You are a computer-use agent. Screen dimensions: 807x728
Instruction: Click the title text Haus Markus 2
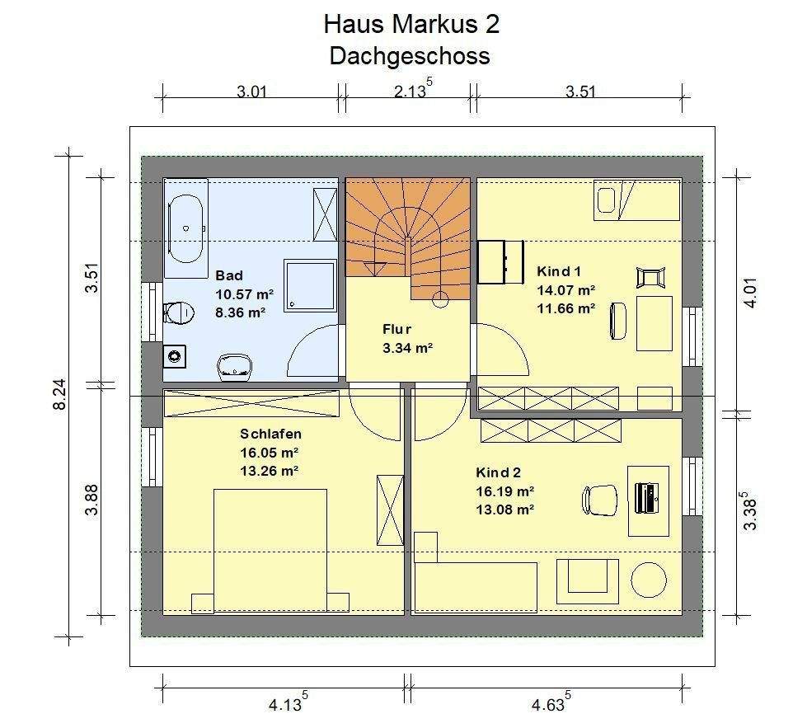point(411,24)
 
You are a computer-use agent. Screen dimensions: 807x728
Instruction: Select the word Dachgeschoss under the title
point(410,56)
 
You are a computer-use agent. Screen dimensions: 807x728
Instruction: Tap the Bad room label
point(229,275)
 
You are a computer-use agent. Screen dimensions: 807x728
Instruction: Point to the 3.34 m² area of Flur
point(407,348)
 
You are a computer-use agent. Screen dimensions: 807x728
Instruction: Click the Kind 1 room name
point(558,271)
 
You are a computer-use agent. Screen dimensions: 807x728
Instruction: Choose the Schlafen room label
point(270,434)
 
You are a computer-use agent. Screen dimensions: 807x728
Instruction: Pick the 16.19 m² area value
point(504,491)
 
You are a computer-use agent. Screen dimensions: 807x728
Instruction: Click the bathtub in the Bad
point(185,228)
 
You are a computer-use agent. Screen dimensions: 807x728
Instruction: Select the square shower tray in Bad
point(310,285)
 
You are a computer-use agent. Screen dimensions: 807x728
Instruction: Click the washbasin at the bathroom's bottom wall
point(235,368)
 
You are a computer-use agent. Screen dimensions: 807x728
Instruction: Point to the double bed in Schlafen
point(270,550)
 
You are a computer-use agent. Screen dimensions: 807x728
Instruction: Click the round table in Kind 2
point(649,580)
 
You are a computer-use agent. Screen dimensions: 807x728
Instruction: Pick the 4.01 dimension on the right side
point(751,293)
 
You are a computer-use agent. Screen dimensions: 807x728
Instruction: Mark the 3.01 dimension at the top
point(251,92)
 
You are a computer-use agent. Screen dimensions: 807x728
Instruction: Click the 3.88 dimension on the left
point(91,500)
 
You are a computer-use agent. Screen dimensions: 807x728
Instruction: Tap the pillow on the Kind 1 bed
point(606,200)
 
